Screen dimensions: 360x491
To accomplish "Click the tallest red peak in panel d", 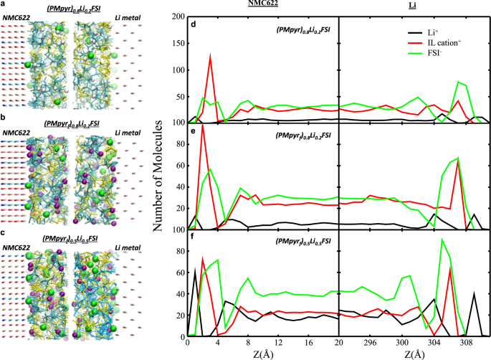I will (210, 56).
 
